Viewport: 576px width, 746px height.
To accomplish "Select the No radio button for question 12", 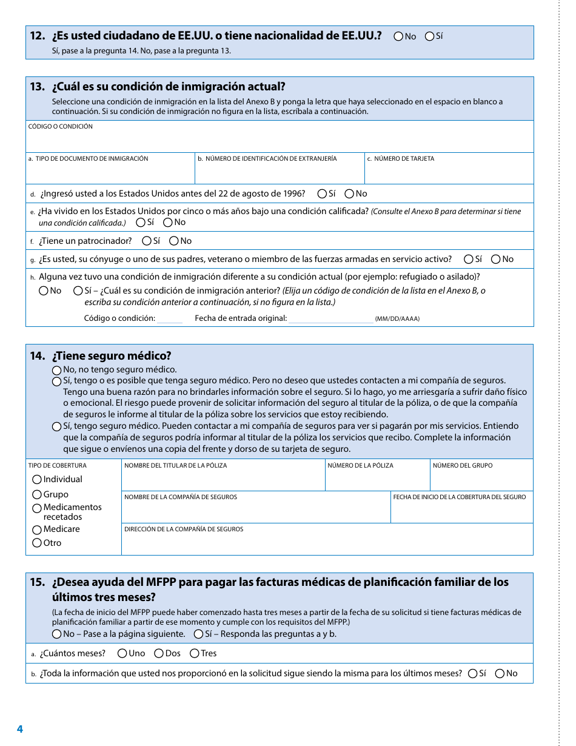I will tap(398, 36).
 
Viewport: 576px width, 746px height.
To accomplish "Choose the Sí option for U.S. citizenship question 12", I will tap(429, 36).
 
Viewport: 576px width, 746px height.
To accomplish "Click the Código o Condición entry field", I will tap(279, 141).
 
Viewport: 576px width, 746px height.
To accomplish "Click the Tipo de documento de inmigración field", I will tap(110, 173).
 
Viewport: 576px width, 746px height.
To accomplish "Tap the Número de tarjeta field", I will tap(449, 173).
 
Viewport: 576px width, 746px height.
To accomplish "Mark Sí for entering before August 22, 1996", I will tap(322, 194).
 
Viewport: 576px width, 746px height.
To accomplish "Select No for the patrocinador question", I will tap(173, 241).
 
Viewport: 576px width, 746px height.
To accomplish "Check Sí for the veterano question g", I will tap(469, 260).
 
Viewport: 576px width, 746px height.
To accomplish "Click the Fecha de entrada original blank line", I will tap(330, 319).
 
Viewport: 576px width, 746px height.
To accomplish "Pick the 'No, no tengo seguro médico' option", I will tap(56, 370).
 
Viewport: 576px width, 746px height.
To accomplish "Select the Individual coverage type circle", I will tap(37, 480).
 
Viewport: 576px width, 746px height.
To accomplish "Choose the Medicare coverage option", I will tap(37, 530).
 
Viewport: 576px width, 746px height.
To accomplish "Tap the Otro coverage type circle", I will tap(37, 543).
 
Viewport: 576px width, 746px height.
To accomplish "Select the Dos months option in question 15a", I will tap(159, 654).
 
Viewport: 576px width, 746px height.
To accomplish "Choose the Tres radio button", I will tap(195, 654).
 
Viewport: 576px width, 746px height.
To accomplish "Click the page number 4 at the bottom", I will tap(20, 729).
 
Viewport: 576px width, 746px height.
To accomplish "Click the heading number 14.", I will tap(37, 356).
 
